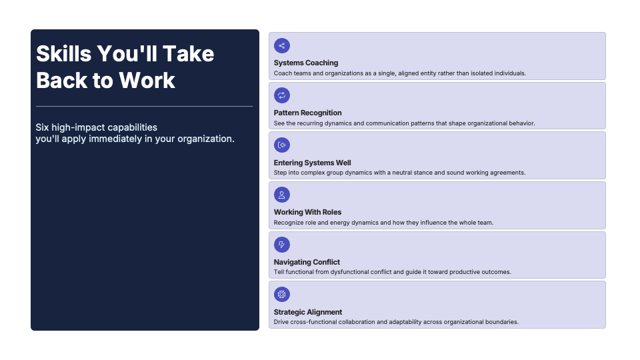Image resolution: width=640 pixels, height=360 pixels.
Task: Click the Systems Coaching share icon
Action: coord(281,46)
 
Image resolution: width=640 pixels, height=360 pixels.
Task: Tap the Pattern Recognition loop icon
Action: coord(281,95)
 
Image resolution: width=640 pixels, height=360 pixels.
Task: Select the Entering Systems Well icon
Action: coord(281,145)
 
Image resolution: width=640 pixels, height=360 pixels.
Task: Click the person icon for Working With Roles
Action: coord(281,195)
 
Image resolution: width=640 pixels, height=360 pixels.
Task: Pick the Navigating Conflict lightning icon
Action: coord(281,245)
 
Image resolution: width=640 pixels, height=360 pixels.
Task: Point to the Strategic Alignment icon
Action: coord(281,294)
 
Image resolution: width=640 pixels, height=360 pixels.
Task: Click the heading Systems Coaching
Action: coord(306,63)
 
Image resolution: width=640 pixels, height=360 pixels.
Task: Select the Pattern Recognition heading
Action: coord(308,113)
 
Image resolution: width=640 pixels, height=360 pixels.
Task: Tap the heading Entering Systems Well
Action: coord(312,163)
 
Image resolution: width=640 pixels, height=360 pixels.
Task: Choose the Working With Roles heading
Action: coord(307,212)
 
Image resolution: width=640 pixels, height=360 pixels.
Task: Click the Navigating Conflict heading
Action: coord(307,262)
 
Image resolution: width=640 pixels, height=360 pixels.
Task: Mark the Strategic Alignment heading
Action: coord(308,312)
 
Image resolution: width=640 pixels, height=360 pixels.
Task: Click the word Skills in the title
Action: coord(64,54)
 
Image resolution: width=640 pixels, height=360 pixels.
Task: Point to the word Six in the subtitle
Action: coord(42,127)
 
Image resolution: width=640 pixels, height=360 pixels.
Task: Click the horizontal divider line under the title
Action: coord(145,106)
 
